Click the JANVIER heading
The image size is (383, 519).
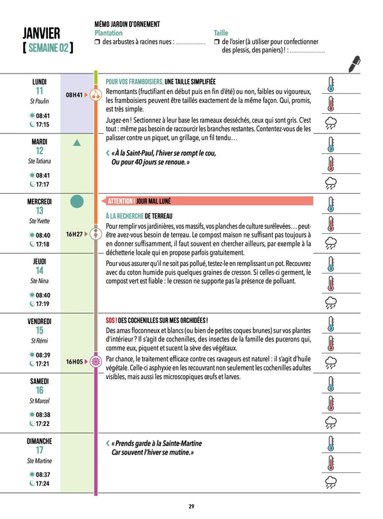click(41, 33)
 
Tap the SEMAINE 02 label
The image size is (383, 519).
click(47, 48)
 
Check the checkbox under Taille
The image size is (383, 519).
click(217, 42)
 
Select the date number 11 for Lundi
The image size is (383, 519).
click(40, 91)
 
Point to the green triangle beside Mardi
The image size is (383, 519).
click(77, 144)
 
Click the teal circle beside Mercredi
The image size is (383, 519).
click(77, 202)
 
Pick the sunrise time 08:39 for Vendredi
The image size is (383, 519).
click(43, 355)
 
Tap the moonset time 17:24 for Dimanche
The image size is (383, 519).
click(43, 483)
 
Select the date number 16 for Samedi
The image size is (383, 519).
click(40, 391)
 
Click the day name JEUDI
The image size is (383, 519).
click(40, 261)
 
